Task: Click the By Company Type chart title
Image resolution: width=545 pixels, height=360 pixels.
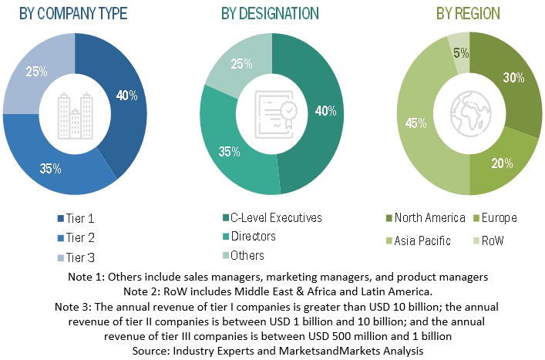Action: (x=73, y=14)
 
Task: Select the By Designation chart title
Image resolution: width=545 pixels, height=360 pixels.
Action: (x=271, y=14)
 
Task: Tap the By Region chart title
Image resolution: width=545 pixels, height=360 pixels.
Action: (x=468, y=14)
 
